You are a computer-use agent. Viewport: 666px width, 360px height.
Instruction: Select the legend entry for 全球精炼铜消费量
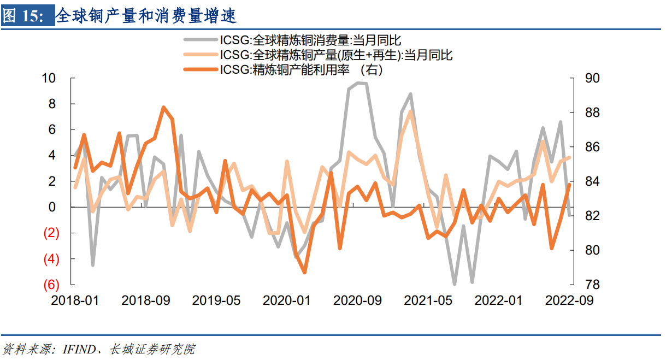coord(309,40)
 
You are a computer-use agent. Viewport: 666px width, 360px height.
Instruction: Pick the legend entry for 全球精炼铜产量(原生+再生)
coord(336,55)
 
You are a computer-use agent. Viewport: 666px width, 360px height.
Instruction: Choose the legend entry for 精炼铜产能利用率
coord(301,69)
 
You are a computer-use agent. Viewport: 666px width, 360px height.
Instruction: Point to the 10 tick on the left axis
coord(49,78)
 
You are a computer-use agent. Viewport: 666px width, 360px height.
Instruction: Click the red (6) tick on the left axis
coord(51,285)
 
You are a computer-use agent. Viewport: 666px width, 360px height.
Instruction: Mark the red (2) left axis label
coord(51,233)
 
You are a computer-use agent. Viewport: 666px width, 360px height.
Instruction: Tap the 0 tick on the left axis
coord(52,208)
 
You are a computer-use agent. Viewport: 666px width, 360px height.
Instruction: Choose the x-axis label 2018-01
coord(75,300)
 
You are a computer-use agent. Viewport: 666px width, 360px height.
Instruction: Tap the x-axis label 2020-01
coord(287,300)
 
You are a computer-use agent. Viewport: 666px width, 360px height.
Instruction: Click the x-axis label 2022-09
coord(569,300)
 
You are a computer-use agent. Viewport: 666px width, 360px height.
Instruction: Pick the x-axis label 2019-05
coord(216,300)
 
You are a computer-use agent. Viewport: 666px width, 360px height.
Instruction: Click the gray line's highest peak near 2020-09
coord(358,83)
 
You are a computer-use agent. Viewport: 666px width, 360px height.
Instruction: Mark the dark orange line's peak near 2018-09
coord(163,108)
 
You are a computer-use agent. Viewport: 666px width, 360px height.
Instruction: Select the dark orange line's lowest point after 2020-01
coord(304,272)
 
